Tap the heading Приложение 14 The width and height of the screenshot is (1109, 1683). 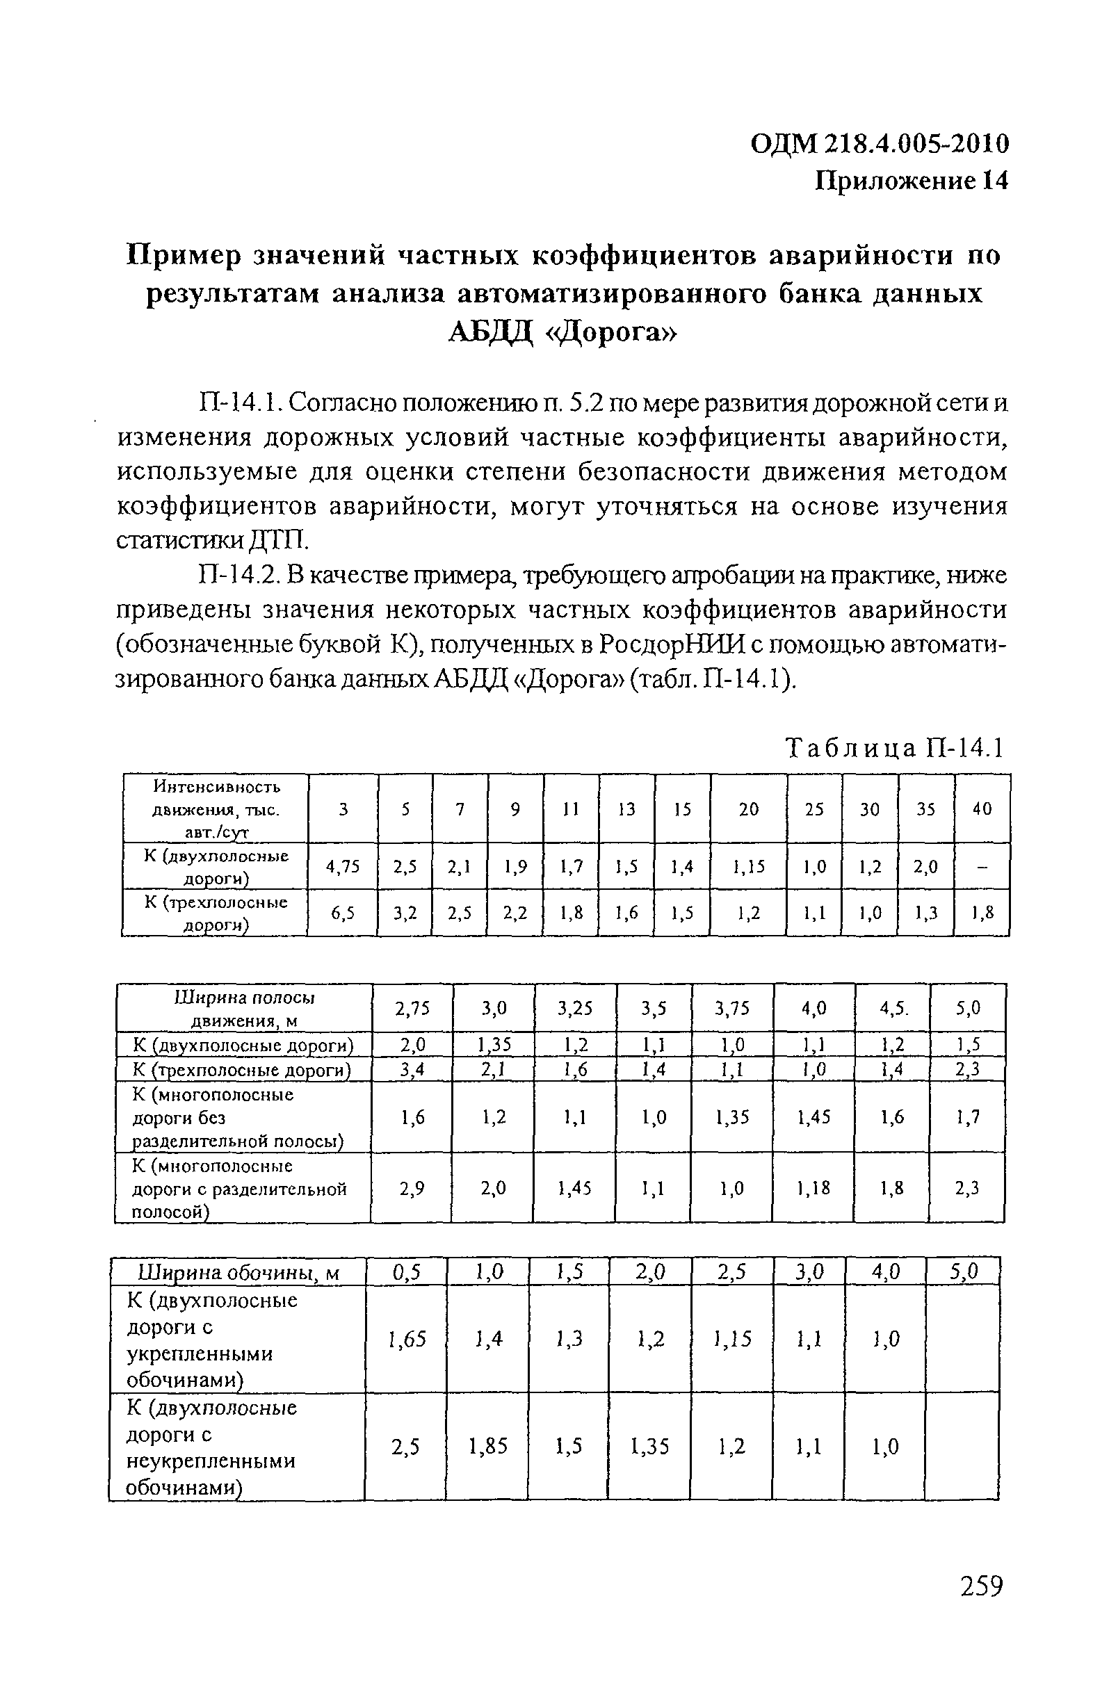click(910, 181)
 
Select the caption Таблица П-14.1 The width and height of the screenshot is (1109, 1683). click(896, 747)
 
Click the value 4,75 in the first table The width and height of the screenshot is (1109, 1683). click(342, 866)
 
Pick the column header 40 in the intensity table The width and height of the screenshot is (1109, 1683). click(982, 808)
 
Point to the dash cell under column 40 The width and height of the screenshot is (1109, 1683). click(982, 867)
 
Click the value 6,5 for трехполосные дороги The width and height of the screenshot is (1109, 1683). click(342, 913)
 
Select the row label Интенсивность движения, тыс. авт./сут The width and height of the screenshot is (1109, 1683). click(216, 808)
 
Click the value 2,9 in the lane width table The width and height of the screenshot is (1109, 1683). click(412, 1189)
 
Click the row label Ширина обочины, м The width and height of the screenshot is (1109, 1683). click(239, 1274)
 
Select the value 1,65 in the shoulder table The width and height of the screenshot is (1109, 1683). click(407, 1339)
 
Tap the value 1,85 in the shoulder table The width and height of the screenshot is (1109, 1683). click(488, 1447)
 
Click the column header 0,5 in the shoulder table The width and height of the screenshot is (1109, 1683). click(407, 1273)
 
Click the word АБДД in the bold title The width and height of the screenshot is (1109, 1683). click(490, 332)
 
